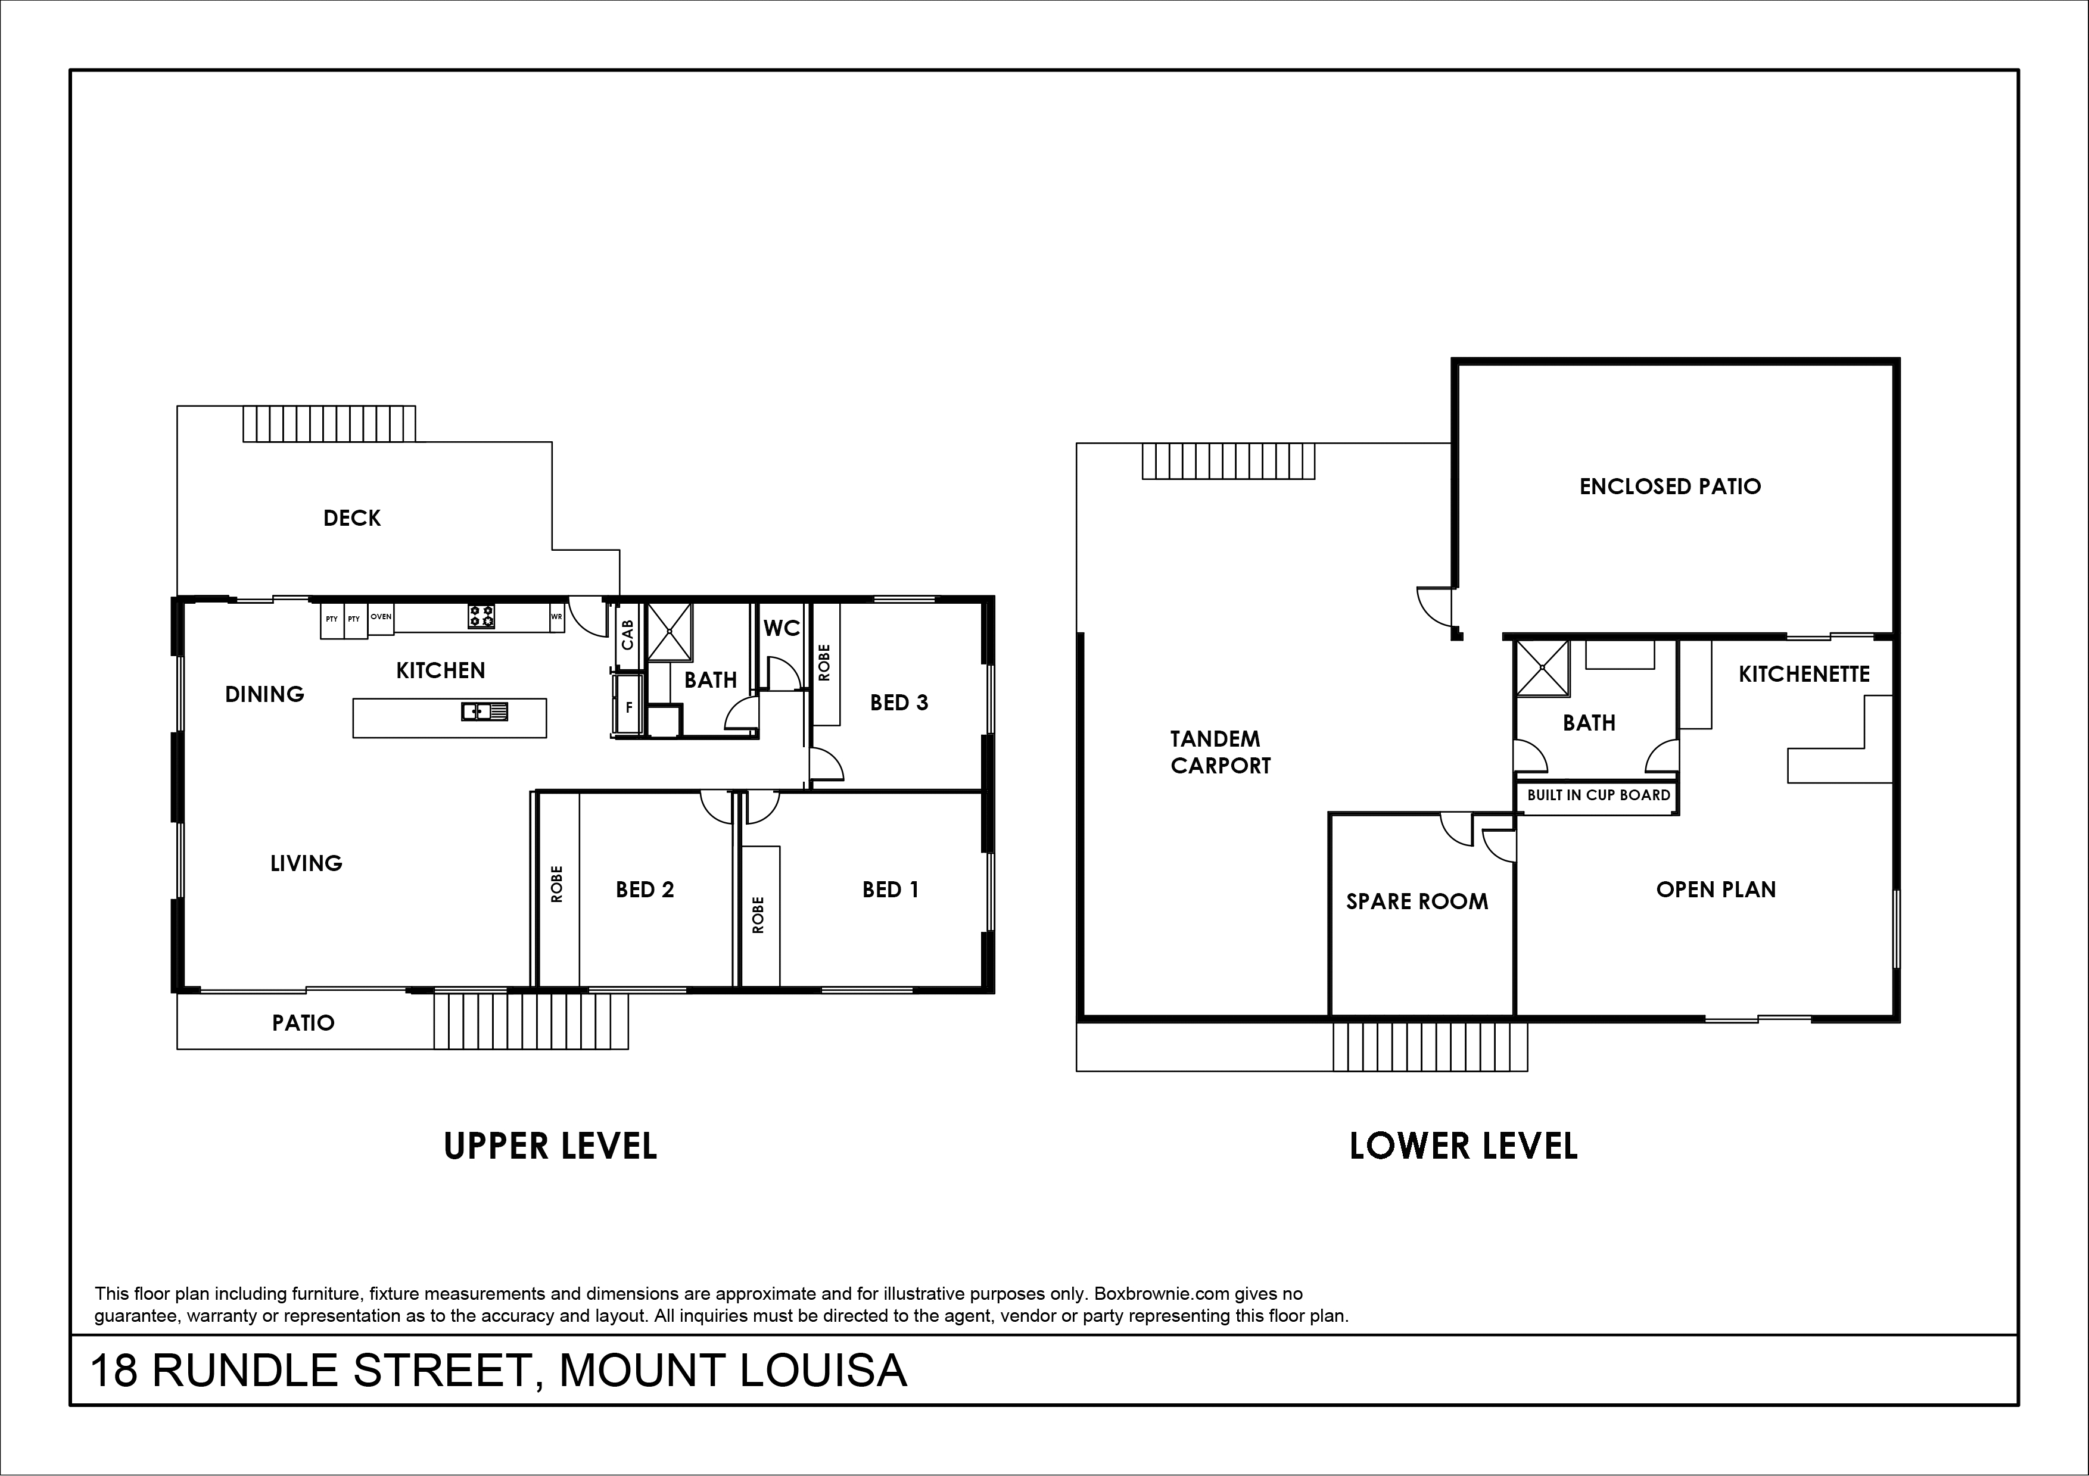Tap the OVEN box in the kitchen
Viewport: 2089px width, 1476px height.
coord(381,617)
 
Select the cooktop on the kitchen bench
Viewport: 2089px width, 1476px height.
coord(481,617)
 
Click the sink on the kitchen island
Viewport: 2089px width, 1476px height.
coord(484,711)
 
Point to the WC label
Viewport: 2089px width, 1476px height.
coord(782,628)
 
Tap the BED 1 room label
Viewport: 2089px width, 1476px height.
coord(891,890)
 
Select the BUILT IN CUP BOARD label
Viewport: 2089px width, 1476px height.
coord(1599,795)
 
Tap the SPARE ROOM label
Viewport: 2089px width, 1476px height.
coord(1418,901)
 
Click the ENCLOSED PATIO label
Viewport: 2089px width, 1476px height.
coord(1670,486)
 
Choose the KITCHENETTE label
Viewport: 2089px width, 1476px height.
coord(1804,674)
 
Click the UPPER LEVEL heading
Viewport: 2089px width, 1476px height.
coord(550,1146)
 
